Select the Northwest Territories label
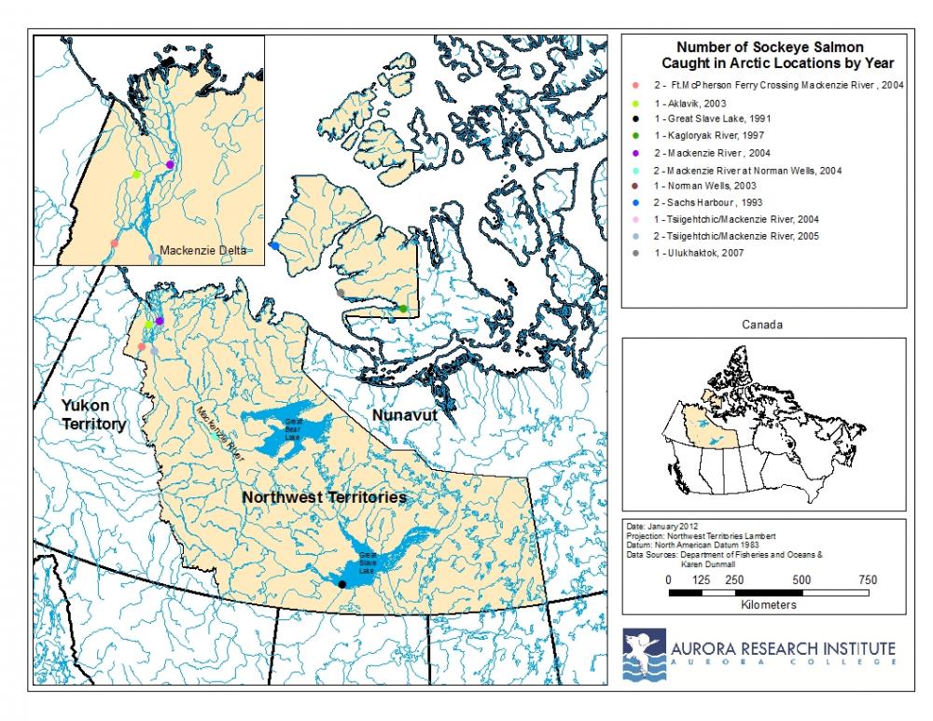click(x=324, y=498)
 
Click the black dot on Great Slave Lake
click(x=342, y=584)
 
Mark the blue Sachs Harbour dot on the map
click(x=274, y=245)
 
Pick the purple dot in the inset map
click(x=170, y=165)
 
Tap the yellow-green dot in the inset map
click(x=136, y=174)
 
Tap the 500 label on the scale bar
click(x=801, y=579)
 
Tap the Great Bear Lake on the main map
click(x=289, y=428)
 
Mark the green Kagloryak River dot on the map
click(x=403, y=309)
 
